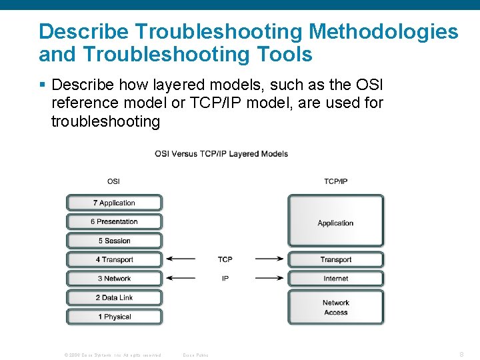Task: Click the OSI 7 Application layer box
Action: tap(114, 203)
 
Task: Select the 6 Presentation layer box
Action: tap(114, 221)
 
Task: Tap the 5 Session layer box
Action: tap(114, 241)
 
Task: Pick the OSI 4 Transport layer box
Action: tap(114, 259)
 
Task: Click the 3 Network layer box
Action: tap(114, 279)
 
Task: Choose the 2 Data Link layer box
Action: tap(114, 297)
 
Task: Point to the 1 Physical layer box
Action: tap(114, 317)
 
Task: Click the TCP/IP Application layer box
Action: tap(335, 223)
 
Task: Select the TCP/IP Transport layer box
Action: tap(335, 259)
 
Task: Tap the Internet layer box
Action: tap(335, 279)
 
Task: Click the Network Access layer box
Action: tap(335, 307)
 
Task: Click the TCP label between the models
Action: tap(225, 259)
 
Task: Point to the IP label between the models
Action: tap(225, 279)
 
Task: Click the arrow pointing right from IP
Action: tap(269, 279)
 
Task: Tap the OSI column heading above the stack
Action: tap(114, 181)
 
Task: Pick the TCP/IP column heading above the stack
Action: tap(335, 181)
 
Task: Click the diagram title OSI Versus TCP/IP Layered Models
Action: tap(221, 154)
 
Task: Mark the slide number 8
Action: tap(461, 355)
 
